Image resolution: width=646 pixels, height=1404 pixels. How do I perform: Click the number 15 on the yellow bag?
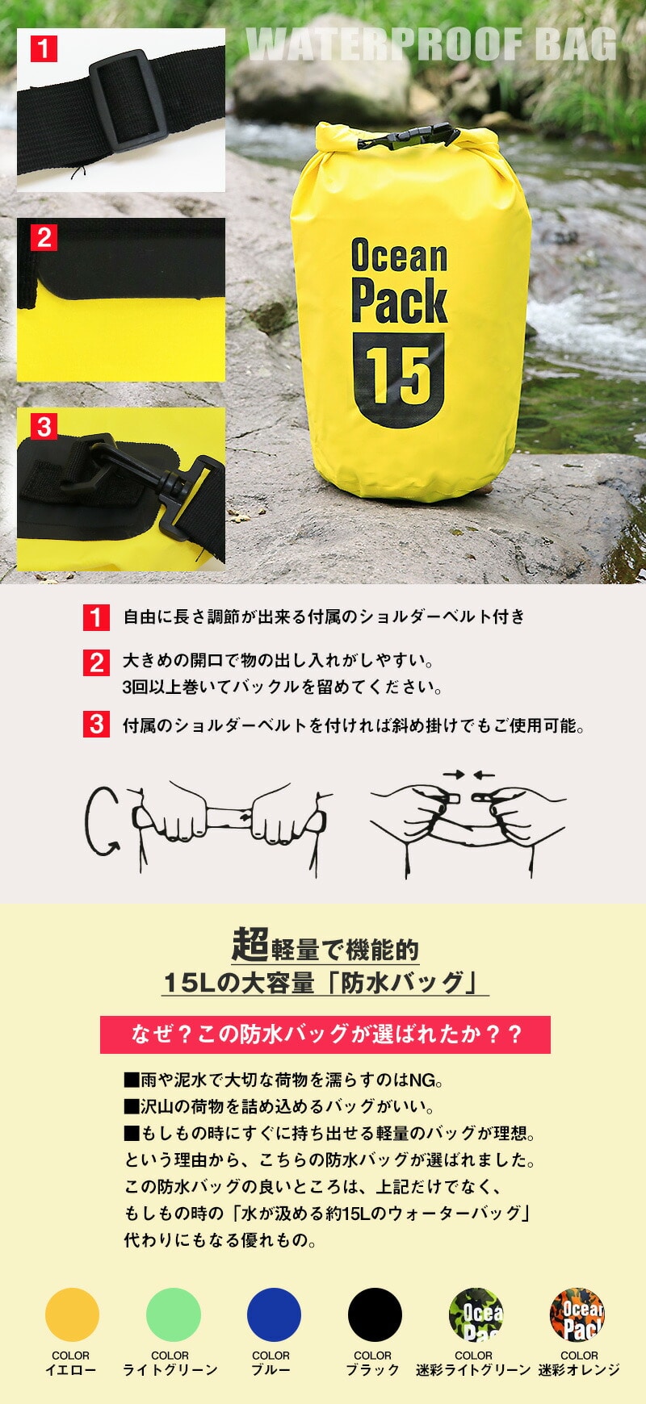(399, 376)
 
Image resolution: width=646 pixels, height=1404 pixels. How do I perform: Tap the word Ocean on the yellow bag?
(399, 256)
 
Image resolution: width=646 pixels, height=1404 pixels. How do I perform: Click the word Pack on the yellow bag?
(399, 301)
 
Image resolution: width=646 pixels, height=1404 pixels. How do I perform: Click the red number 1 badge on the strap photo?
(44, 48)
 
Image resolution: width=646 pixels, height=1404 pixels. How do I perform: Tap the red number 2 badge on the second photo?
(44, 237)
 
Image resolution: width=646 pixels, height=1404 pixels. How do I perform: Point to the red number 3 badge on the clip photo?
(44, 426)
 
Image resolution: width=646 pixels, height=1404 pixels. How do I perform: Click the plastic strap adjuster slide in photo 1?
(128, 100)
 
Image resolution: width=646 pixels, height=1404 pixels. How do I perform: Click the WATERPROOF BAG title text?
(431, 45)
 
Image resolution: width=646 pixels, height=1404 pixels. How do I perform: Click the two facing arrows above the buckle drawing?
(469, 775)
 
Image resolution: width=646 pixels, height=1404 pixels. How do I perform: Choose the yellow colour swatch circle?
(72, 1314)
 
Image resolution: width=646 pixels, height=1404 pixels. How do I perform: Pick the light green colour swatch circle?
(174, 1314)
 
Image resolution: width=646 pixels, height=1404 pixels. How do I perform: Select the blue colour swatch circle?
(274, 1314)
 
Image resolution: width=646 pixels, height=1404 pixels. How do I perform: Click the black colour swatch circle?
(375, 1314)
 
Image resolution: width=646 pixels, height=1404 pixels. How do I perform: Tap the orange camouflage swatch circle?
(577, 1314)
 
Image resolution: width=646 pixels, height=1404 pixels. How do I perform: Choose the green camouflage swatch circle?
(476, 1314)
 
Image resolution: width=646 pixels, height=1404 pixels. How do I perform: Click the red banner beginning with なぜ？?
(325, 1034)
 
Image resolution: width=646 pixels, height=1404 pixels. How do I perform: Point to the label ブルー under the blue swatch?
(271, 1370)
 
